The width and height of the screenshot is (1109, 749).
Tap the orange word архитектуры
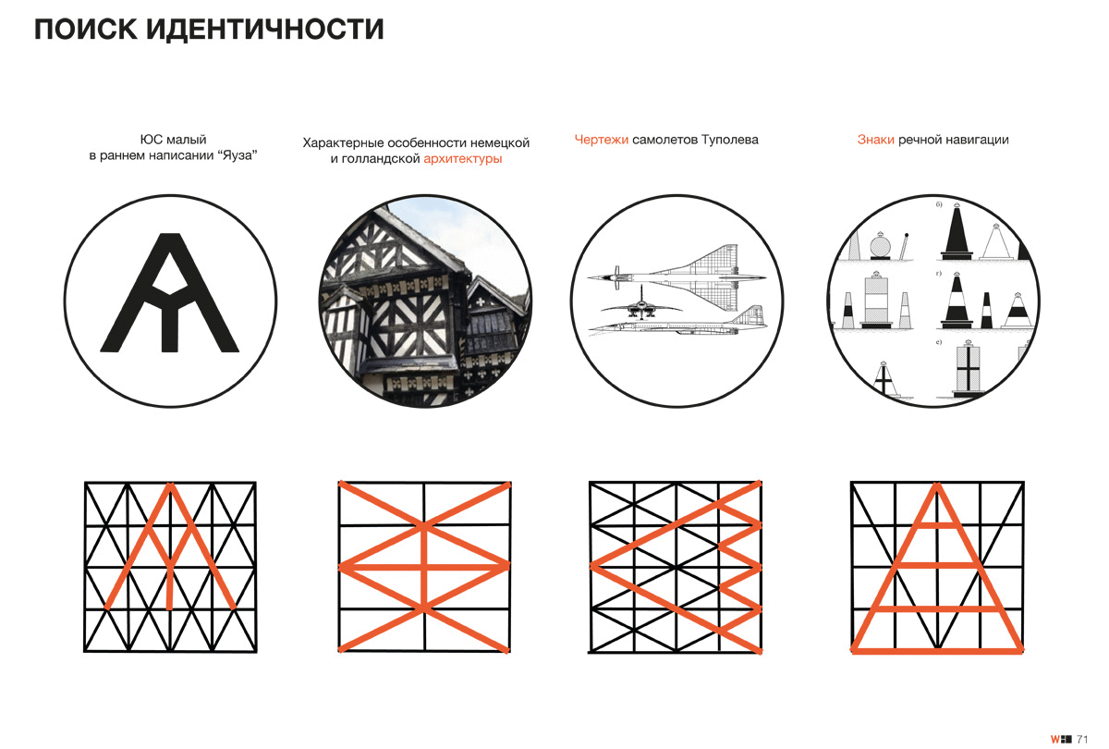(x=463, y=159)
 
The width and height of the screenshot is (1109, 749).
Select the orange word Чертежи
(x=602, y=140)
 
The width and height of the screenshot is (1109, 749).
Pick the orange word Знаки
(x=875, y=140)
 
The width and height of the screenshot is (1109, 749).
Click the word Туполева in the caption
(x=729, y=140)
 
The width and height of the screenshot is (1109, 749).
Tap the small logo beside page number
(x=1060, y=738)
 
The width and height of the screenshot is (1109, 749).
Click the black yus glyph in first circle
(x=169, y=294)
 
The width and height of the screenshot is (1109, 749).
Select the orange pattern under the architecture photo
(x=424, y=566)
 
